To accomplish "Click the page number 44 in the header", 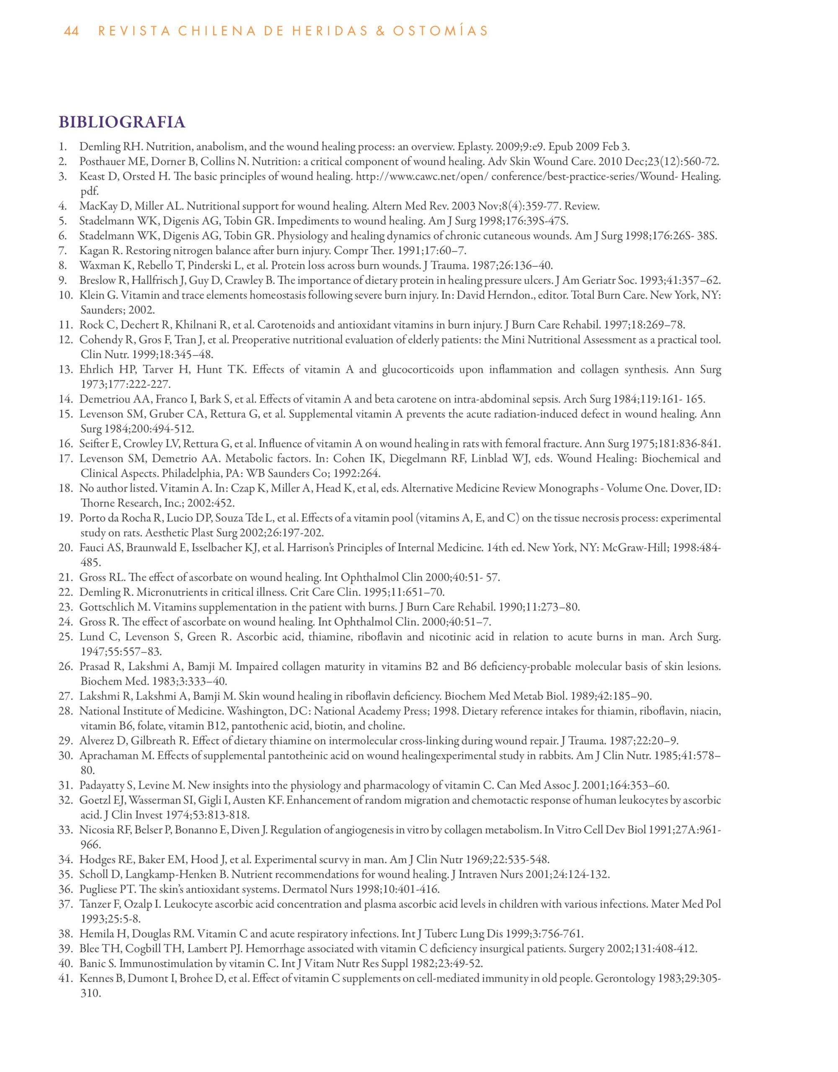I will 71,31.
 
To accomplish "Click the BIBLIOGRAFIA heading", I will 122,122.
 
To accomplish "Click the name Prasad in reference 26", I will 94,667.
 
